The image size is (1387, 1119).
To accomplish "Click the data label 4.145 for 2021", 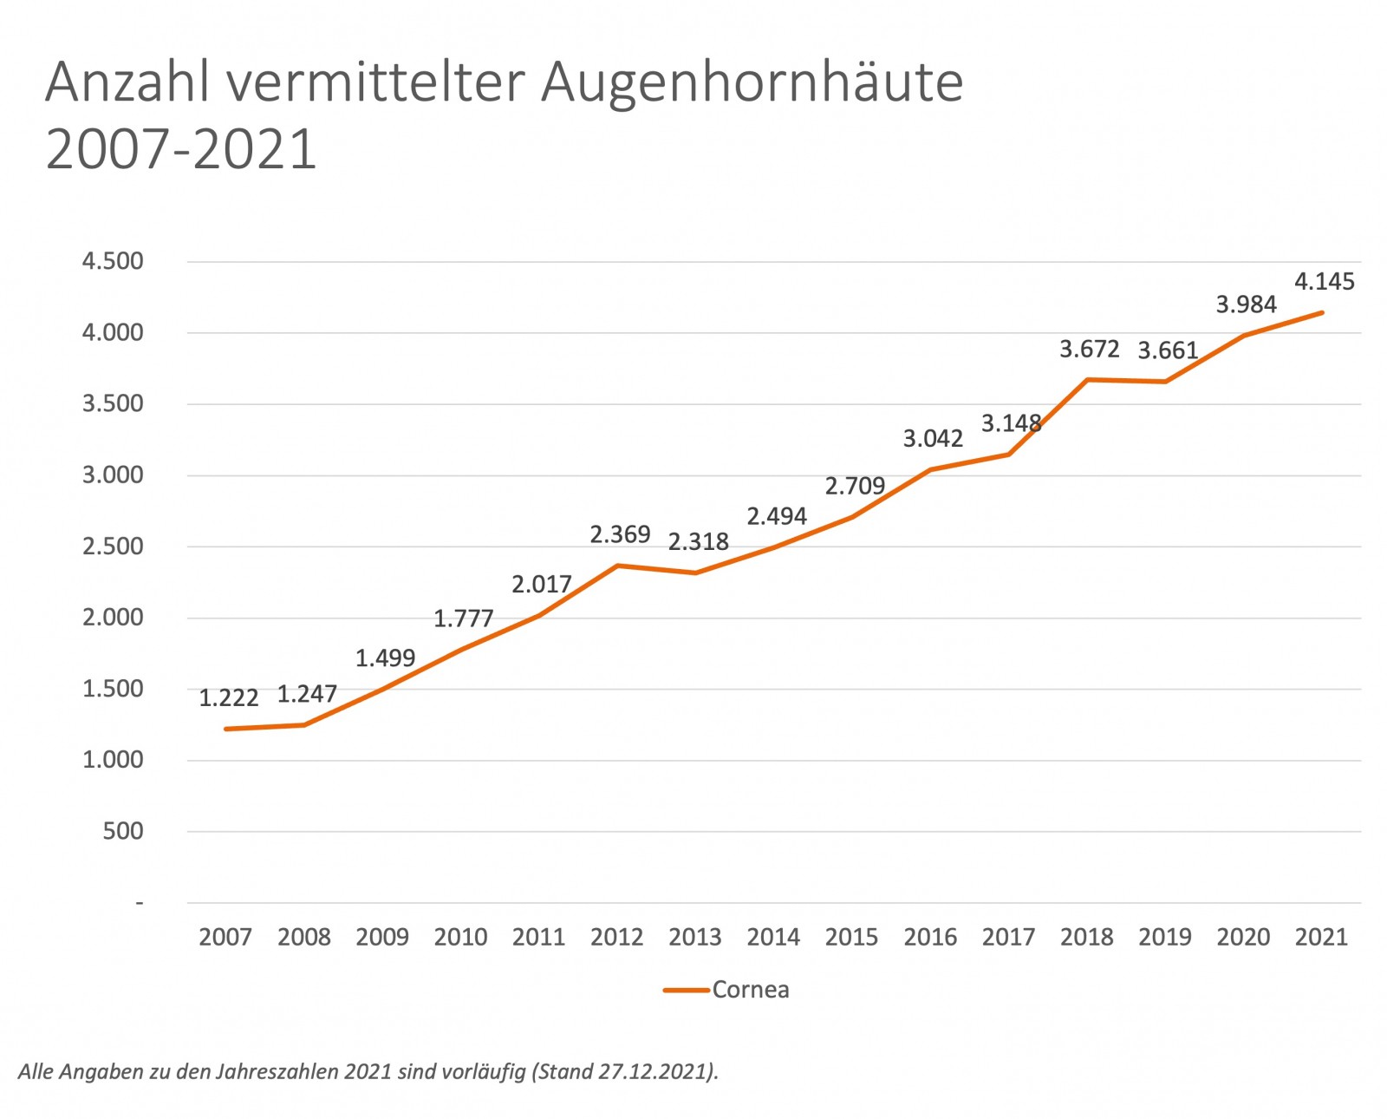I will click(x=1324, y=281).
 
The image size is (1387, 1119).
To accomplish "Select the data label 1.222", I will click(x=229, y=698).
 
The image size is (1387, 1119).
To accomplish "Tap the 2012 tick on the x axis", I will click(x=616, y=937).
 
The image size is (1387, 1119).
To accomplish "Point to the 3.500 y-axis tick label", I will click(x=113, y=403).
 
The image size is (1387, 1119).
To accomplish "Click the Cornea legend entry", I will click(x=750, y=990).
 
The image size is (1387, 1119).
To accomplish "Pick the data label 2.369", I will click(x=620, y=534).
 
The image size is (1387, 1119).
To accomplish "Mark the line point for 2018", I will click(x=1087, y=379).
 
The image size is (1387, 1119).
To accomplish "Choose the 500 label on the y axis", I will click(x=123, y=831).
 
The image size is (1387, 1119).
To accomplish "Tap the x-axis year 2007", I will click(x=225, y=937).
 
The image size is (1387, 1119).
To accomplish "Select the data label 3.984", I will click(x=1246, y=304).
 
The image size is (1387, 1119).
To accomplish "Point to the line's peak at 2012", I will click(x=617, y=566).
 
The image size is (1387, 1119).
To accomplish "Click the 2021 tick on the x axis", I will click(x=1321, y=937).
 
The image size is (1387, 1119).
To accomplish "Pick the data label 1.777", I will click(x=463, y=618).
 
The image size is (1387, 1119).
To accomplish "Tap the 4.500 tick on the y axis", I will click(x=113, y=261).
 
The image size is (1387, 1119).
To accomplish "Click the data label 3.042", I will click(x=933, y=439).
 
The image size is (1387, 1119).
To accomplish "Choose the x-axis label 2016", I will click(x=930, y=937).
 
